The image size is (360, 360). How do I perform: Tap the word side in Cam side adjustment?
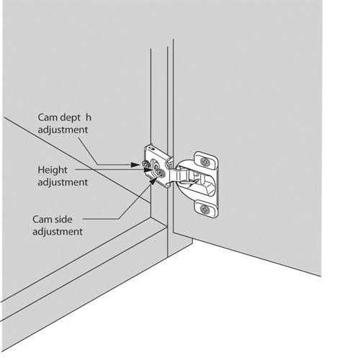70,218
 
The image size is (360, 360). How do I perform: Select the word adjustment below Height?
63,182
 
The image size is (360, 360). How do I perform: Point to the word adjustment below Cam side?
58,231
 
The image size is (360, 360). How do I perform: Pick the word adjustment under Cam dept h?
63,130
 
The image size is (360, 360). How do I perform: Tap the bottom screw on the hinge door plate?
205,209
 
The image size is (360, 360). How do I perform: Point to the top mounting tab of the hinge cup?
205,160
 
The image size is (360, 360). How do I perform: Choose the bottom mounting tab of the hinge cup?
206,209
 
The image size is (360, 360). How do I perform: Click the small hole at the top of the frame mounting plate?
152,148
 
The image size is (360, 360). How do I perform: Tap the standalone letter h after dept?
89,117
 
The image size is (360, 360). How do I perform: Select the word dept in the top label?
73,117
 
